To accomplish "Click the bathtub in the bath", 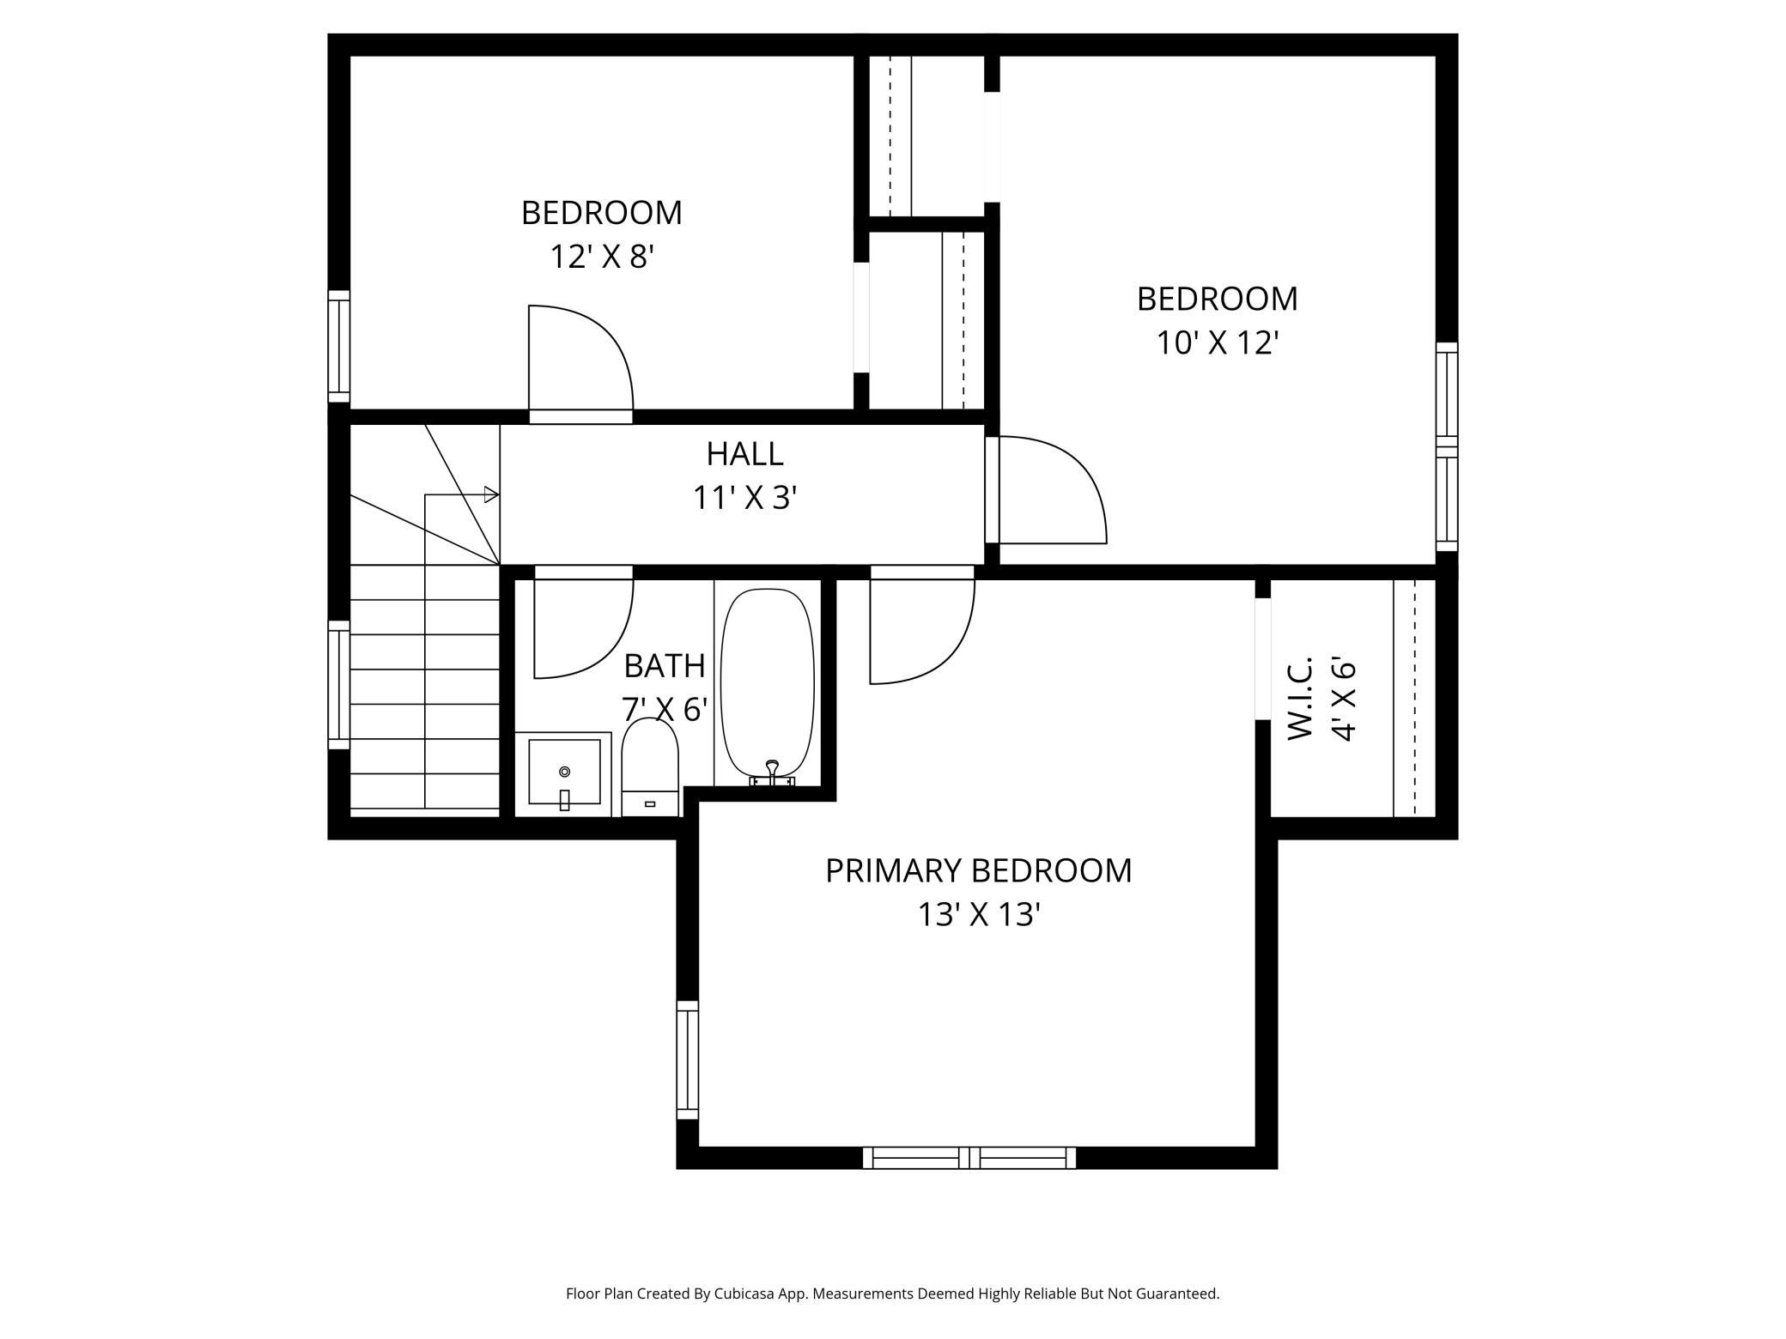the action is [768, 684].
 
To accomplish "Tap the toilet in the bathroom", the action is [650, 766].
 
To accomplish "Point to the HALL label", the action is [744, 453].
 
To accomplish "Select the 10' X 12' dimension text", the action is [1218, 343].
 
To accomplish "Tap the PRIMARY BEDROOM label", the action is [979, 870].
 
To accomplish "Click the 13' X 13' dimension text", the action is [980, 915].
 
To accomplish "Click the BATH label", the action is [664, 665].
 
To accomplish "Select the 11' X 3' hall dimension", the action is [745, 498].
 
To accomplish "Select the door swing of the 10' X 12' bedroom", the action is [1054, 490].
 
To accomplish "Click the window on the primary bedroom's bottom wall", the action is [969, 1157].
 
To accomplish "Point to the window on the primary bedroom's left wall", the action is [688, 1059].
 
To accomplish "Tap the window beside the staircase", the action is [339, 685].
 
